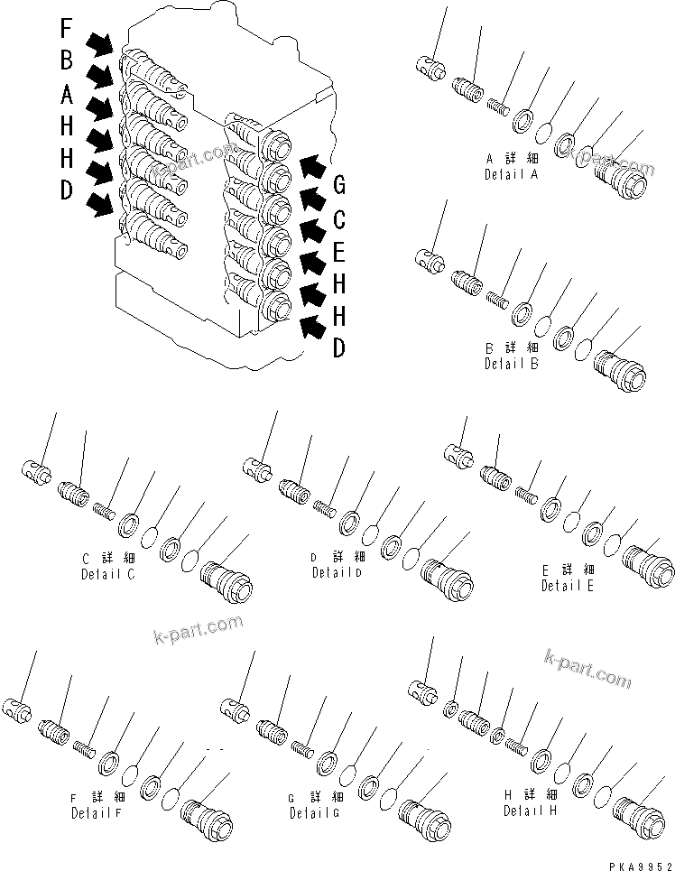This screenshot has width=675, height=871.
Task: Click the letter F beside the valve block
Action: (x=67, y=28)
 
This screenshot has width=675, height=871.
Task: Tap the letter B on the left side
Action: (x=67, y=60)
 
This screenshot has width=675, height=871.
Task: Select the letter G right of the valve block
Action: (x=339, y=186)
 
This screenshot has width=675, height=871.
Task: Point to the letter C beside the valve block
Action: (x=339, y=219)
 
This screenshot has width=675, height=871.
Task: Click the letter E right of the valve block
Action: (x=339, y=252)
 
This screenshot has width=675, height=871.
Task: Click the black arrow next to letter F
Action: (x=100, y=41)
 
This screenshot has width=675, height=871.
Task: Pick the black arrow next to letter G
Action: (x=313, y=166)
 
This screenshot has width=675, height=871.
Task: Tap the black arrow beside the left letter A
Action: (x=100, y=108)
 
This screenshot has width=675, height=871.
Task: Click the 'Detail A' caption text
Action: (x=510, y=174)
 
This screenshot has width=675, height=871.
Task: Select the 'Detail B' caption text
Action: (x=511, y=364)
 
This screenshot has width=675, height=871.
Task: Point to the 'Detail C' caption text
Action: (x=107, y=574)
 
